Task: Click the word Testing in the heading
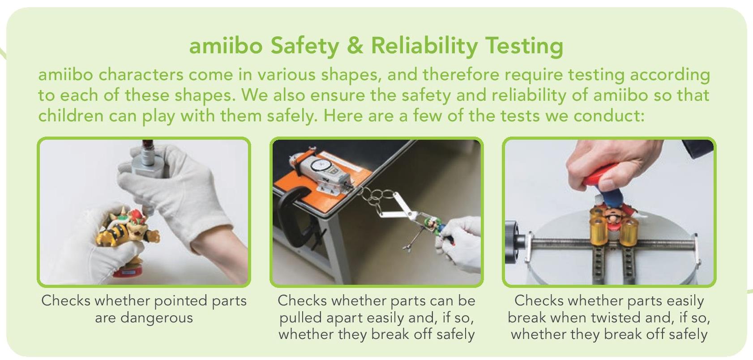(x=524, y=47)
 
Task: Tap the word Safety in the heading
(x=304, y=47)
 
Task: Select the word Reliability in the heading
(x=424, y=47)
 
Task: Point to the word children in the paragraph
(x=71, y=116)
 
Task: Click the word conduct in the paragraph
(x=609, y=116)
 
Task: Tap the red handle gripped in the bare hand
(x=602, y=175)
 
